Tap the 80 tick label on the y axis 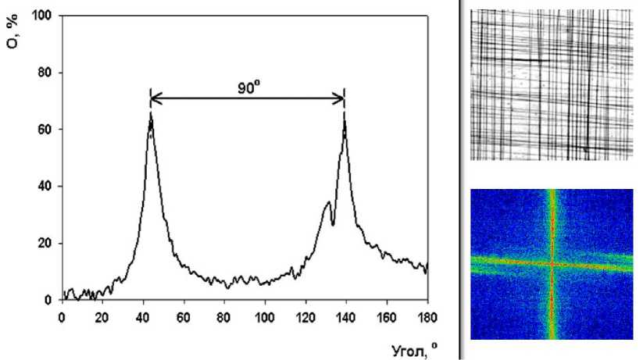tap(46, 73)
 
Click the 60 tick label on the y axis tap(46, 130)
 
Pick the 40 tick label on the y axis tap(46, 187)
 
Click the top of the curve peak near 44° tap(151, 115)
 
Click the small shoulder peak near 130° tap(328, 203)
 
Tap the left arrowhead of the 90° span tap(154, 98)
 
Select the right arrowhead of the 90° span tap(341, 98)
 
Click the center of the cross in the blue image tap(552, 264)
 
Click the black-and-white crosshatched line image tap(551, 84)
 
